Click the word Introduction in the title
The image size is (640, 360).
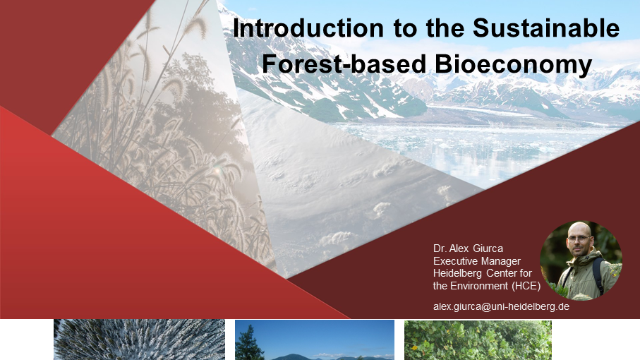308,28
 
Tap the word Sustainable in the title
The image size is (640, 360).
546,28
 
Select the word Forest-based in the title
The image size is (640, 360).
344,64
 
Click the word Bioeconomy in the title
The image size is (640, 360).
513,64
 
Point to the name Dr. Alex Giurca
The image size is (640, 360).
468,248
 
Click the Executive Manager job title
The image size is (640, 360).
477,260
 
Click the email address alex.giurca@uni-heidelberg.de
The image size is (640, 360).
501,306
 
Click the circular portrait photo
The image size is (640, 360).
581,260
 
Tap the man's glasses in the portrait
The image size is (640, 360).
579,239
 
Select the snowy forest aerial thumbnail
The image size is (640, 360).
139,340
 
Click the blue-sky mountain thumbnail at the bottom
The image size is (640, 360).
315,340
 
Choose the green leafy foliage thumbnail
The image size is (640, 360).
478,340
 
